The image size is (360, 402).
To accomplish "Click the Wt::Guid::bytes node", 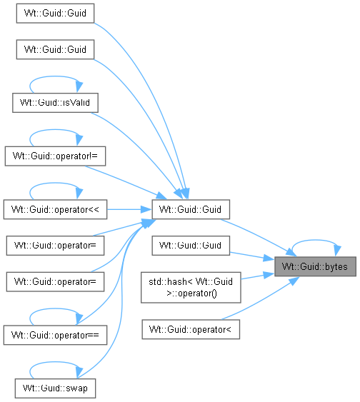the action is coord(315,266).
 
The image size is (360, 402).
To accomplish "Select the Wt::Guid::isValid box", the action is coord(55,103).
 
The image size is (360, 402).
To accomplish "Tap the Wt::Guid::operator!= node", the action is coord(55,156).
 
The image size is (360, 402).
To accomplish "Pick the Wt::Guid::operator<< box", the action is coord(55,209).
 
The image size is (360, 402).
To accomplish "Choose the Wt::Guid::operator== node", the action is coord(55,335).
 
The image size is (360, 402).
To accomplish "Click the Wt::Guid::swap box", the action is coord(55,388).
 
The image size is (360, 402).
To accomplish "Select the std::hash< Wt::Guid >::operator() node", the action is coord(191,288).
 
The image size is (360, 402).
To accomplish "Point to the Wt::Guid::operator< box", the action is coord(191,329).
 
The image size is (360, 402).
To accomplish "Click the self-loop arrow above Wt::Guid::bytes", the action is coord(316,240).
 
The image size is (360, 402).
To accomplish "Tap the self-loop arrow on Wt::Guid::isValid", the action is coord(55,76).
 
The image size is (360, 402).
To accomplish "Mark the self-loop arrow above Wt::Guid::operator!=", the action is coord(55,130).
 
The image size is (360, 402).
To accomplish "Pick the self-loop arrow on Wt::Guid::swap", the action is coord(55,362).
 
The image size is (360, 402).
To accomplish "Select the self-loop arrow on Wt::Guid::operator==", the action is coord(55,309).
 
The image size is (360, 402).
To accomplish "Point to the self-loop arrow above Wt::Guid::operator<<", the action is coord(55,184).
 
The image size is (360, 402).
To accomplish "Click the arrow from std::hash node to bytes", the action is coord(257,276).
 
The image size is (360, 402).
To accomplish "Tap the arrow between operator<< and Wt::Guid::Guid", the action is coord(129,209).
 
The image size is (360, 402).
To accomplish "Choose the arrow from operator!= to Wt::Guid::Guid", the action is coord(126,182).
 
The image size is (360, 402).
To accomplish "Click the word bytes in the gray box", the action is coord(336,267).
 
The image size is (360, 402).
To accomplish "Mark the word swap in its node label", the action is coord(76,388).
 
